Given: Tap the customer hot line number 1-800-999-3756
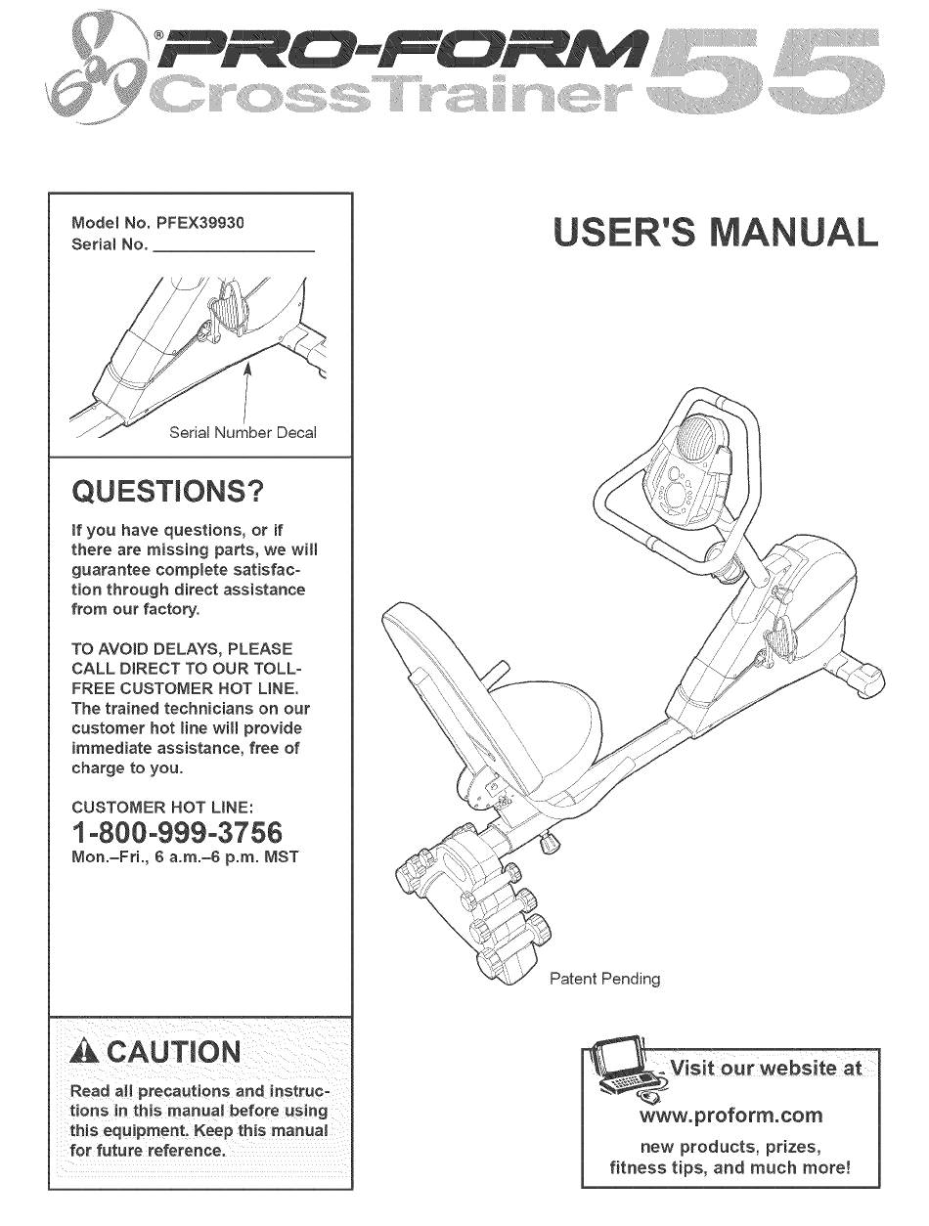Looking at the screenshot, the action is (177, 833).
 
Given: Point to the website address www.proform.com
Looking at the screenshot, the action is (730, 1116).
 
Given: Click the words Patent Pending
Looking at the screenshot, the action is (604, 978).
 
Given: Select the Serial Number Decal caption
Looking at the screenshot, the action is (243, 432).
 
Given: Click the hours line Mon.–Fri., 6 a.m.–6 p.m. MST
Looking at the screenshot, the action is (185, 857).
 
